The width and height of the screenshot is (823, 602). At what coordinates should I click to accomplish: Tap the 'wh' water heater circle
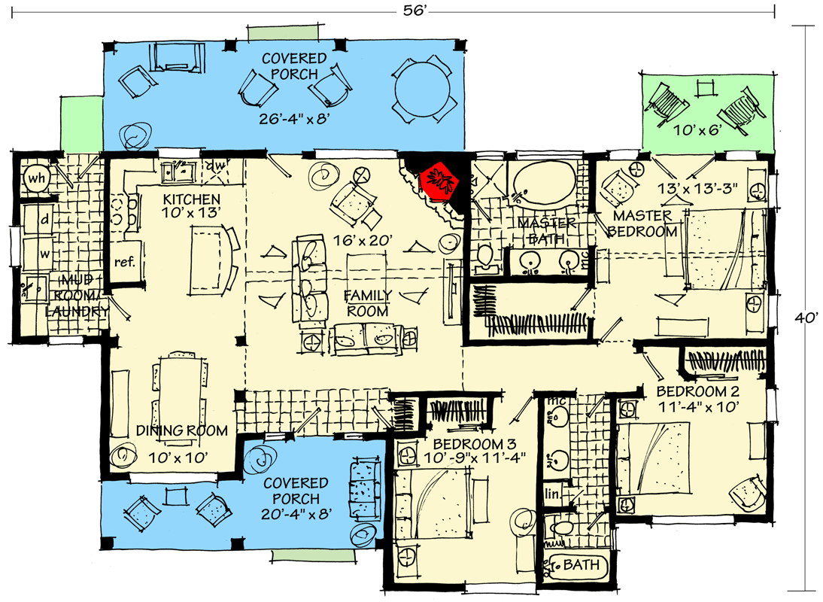click(x=35, y=178)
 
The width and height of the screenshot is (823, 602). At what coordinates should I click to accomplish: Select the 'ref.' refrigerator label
click(x=123, y=263)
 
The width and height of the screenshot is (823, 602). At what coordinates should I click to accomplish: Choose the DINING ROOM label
click(x=182, y=431)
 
